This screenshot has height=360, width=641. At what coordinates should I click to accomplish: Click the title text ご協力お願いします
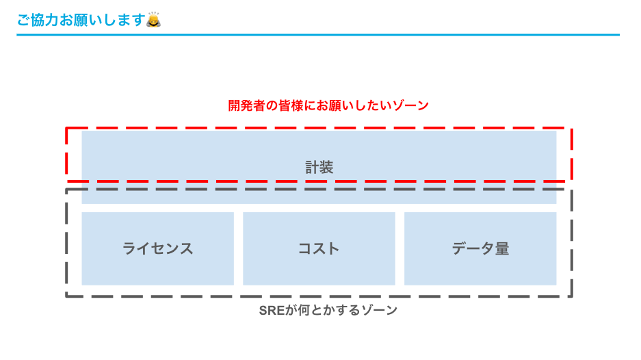(x=81, y=21)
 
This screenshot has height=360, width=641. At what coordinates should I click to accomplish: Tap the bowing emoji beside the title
(x=154, y=20)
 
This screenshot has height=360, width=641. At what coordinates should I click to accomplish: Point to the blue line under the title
(x=318, y=35)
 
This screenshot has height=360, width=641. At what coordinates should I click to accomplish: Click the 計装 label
(x=319, y=167)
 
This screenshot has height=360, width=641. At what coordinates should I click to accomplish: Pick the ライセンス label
(x=157, y=248)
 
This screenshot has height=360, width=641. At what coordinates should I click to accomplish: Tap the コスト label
(x=319, y=248)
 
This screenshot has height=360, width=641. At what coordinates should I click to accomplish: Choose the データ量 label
(x=480, y=248)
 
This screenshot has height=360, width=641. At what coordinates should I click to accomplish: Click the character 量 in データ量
(x=502, y=248)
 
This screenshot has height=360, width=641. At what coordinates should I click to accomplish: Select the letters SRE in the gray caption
(x=270, y=310)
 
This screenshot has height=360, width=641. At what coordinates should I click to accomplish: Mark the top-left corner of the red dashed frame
(x=66, y=128)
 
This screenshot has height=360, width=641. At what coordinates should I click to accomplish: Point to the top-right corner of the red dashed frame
(x=571, y=128)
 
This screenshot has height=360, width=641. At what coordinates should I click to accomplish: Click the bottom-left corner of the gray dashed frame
(x=66, y=296)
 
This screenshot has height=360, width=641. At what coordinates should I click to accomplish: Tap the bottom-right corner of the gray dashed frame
(x=571, y=296)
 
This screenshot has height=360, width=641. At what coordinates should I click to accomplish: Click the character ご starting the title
(x=23, y=21)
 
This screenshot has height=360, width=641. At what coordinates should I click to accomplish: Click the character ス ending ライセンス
(x=186, y=248)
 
